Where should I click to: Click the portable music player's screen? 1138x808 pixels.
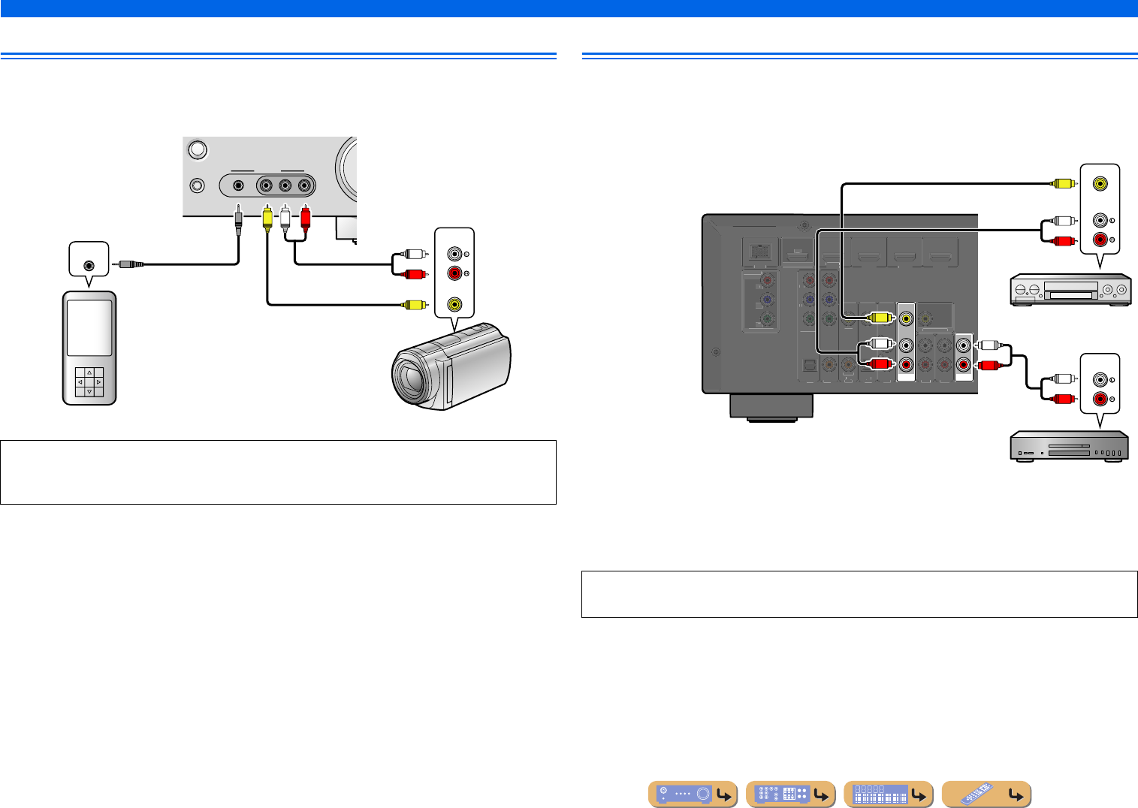[x=89, y=327]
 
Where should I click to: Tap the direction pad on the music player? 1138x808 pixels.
[x=89, y=382]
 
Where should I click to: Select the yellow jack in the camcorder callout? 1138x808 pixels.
[x=454, y=304]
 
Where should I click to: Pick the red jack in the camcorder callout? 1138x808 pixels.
[x=454, y=273]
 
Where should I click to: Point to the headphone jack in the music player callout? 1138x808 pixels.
[x=89, y=264]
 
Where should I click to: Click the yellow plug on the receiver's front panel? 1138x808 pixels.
[x=267, y=219]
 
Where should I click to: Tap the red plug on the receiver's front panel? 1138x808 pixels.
[x=305, y=219]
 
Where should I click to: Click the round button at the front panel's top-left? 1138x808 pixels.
[x=197, y=150]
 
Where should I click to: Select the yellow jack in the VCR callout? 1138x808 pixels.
[x=1100, y=182]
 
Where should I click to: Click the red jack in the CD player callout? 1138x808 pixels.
[x=1100, y=399]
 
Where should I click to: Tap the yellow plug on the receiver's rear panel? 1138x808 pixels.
[x=879, y=318]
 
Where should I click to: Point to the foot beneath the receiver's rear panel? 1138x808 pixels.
[x=771, y=406]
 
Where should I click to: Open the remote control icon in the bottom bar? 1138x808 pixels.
[x=986, y=794]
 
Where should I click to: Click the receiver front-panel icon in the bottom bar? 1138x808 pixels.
[x=692, y=794]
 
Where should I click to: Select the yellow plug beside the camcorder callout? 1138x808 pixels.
[x=412, y=304]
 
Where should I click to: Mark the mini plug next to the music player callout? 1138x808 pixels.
[x=131, y=264]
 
